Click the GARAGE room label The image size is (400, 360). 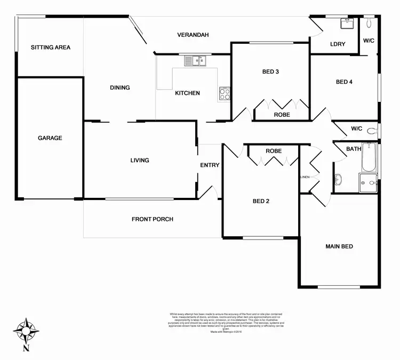[x=50, y=138]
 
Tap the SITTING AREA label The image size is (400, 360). [x=51, y=47]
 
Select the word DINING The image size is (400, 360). [x=120, y=88]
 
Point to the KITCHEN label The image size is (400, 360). [x=188, y=93]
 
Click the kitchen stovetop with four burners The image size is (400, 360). [x=225, y=94]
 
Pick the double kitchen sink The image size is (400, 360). [x=195, y=61]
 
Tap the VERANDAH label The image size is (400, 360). [x=193, y=35]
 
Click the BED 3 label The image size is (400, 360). [x=270, y=71]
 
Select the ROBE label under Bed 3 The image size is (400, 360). [x=282, y=115]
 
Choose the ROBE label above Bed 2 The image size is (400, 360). [x=274, y=151]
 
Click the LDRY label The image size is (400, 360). [x=338, y=44]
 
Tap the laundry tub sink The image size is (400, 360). [x=348, y=24]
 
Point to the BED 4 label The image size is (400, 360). [x=344, y=82]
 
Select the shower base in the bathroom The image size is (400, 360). [x=368, y=182]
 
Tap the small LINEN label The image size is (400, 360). [x=305, y=177]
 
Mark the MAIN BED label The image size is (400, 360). [x=340, y=246]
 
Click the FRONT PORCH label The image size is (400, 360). [x=153, y=219]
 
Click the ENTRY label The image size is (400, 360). [x=210, y=165]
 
